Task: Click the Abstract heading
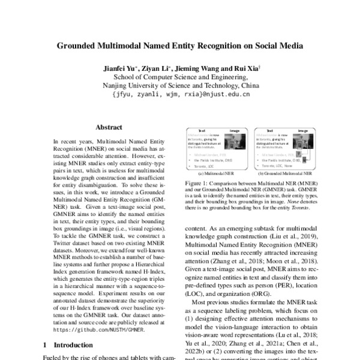[110, 128]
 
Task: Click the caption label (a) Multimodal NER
[216, 172]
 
